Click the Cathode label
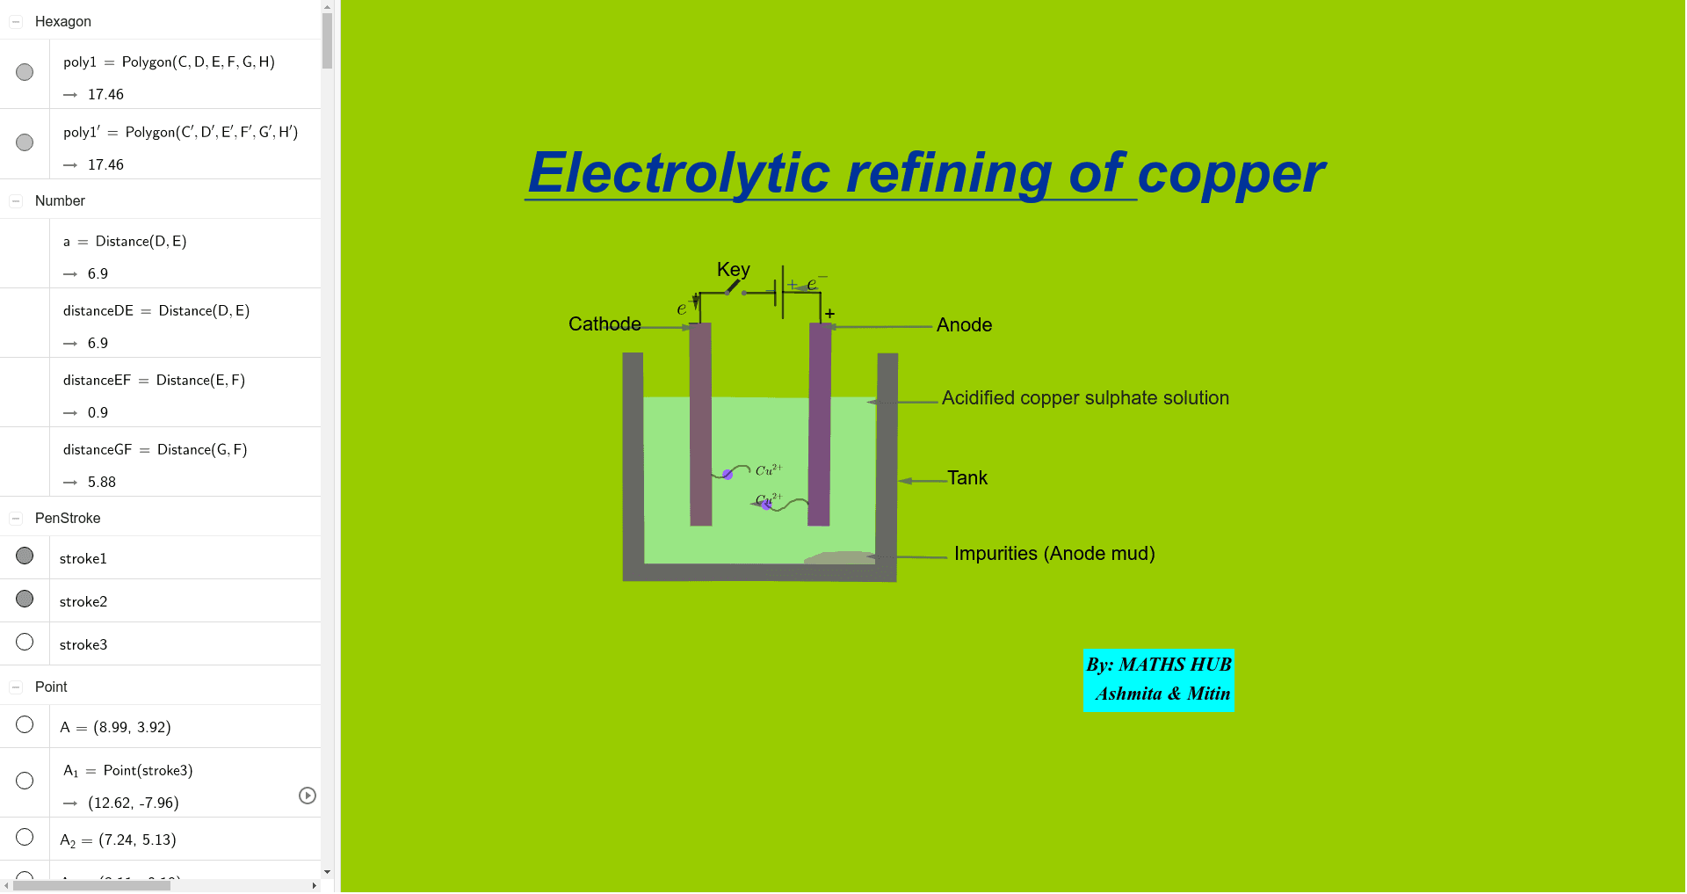(605, 324)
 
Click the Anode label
(964, 325)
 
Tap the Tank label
(967, 478)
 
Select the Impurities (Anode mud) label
(1054, 554)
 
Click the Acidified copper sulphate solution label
(1085, 398)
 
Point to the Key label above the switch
(734, 270)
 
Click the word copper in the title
(1230, 173)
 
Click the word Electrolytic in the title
(678, 173)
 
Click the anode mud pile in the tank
(840, 557)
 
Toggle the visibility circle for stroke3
(25, 643)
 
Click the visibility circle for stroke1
(25, 556)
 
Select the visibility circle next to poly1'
(25, 142)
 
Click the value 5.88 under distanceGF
(102, 483)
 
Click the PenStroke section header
(68, 519)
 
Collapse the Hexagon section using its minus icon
(16, 22)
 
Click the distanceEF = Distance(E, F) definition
(154, 381)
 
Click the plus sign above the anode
(829, 314)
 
